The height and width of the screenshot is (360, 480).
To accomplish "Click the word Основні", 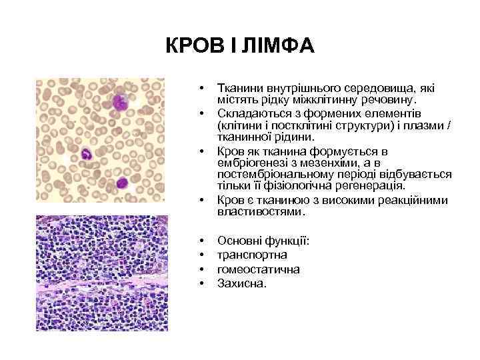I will [x=239, y=240].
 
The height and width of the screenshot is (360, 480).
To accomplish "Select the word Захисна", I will [x=241, y=283].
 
